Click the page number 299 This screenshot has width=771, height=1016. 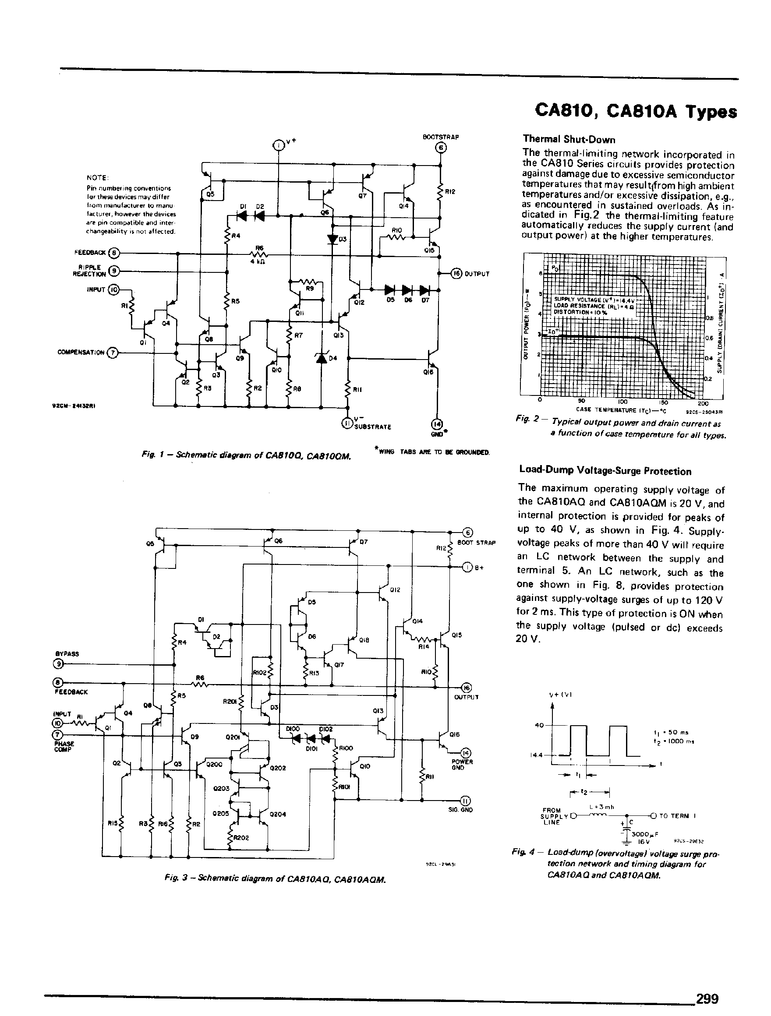point(707,998)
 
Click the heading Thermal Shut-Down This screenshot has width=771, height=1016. point(569,140)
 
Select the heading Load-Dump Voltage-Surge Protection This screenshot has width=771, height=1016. point(605,471)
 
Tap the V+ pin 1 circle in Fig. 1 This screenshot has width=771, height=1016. point(279,145)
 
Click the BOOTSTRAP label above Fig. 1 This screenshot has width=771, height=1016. point(441,137)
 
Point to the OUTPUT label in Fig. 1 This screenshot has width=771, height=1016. point(477,274)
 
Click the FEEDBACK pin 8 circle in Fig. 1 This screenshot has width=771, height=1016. point(114,253)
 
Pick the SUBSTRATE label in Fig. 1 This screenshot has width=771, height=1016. point(373,427)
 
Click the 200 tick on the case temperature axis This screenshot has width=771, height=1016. point(703,403)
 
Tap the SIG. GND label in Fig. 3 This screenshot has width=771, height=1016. point(460,810)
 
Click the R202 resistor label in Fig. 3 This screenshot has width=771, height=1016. point(241,837)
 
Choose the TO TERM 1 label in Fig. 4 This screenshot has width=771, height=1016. point(677,816)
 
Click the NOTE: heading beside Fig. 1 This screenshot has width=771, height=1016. point(97,178)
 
